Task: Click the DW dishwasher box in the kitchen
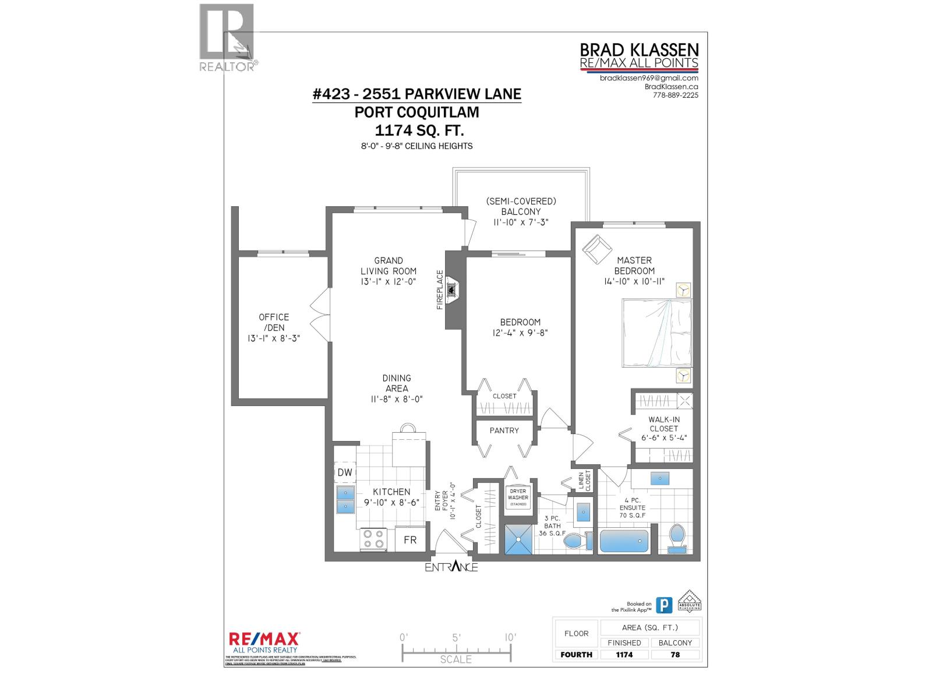click(345, 472)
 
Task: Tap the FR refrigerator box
click(410, 540)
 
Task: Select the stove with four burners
click(373, 539)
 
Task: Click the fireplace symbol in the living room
click(453, 290)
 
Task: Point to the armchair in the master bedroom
click(595, 248)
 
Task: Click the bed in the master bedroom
click(657, 333)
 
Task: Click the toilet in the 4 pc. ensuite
click(677, 538)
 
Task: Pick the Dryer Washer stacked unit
click(518, 497)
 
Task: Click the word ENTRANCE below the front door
click(451, 567)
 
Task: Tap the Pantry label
click(504, 430)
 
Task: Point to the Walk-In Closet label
click(664, 428)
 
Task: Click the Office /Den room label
click(274, 327)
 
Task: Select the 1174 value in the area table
click(624, 654)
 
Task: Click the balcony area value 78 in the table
click(675, 654)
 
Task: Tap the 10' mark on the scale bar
click(510, 637)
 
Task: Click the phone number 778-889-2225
click(675, 96)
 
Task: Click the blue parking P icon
click(663, 605)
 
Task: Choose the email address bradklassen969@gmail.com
click(649, 78)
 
